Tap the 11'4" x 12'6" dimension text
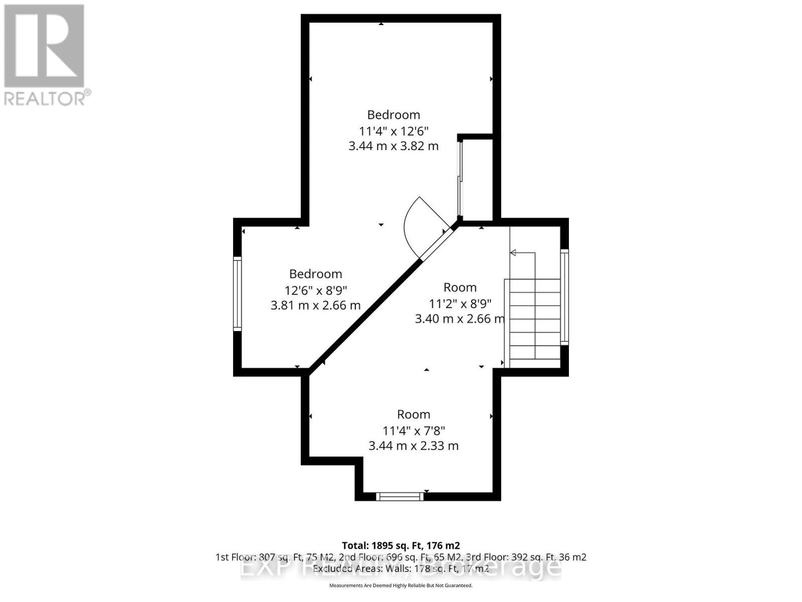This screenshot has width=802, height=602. [393, 131]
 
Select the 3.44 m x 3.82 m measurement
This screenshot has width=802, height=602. [393, 146]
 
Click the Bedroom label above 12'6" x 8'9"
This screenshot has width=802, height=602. [315, 274]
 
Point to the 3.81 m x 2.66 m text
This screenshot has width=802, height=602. [315, 305]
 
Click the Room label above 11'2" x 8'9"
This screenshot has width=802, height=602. [460, 287]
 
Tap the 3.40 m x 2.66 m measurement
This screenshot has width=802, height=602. [459, 319]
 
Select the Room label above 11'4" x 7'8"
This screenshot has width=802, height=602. [414, 414]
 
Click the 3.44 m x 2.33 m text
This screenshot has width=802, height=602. [414, 445]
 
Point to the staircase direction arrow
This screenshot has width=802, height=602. [513, 252]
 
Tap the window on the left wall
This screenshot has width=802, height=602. [238, 293]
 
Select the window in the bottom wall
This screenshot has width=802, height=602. [400, 497]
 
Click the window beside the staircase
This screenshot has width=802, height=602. [564, 296]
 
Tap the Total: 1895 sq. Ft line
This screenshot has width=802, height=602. [400, 545]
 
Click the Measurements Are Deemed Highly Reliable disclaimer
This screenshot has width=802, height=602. [400, 585]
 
